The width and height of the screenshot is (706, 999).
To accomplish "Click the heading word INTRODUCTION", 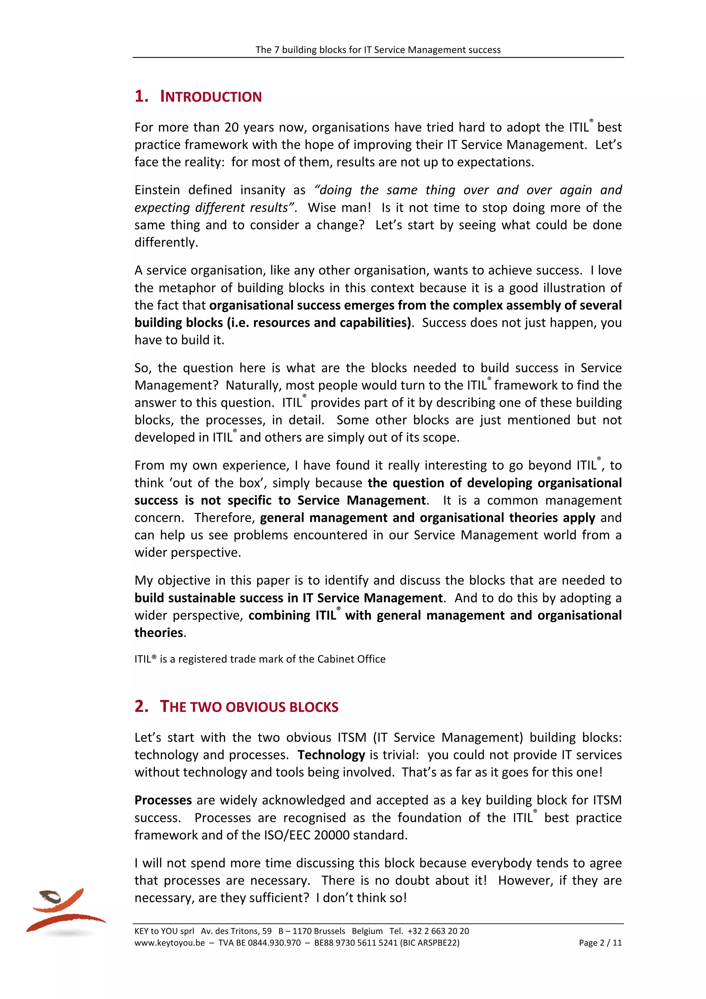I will pyautogui.click(x=211, y=97).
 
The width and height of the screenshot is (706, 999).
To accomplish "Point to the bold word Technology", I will pyautogui.click(x=331, y=755).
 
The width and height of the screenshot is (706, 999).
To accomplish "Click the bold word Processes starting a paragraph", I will pyautogui.click(x=163, y=800).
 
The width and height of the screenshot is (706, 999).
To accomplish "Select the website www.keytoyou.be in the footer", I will pyautogui.click(x=170, y=943).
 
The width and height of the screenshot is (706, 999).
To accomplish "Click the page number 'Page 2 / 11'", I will pyautogui.click(x=600, y=943).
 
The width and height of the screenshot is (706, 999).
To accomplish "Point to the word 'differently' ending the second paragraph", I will pyautogui.click(x=165, y=242).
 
